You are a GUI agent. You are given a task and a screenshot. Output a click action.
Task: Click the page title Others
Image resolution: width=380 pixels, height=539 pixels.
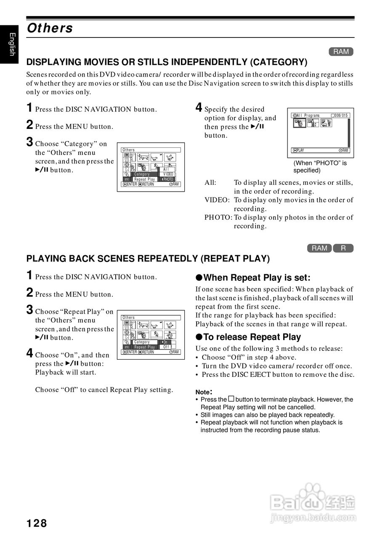tap(50, 28)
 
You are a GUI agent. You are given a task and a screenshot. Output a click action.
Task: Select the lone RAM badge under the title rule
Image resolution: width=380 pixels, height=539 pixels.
tap(341, 52)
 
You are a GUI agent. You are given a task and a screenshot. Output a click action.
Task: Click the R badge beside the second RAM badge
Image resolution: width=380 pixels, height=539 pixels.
tap(343, 248)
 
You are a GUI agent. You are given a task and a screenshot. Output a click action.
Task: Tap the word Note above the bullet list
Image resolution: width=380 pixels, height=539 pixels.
tap(204, 392)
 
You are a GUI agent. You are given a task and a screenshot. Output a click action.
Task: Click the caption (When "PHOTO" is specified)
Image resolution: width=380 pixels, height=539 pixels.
tap(320, 167)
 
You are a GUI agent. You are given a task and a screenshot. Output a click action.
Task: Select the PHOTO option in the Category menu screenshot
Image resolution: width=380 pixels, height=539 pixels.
tap(168, 179)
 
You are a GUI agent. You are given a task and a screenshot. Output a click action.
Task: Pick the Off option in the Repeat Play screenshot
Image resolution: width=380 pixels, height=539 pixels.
tap(166, 347)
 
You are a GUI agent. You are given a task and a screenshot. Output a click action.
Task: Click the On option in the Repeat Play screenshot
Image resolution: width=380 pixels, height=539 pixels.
tap(165, 342)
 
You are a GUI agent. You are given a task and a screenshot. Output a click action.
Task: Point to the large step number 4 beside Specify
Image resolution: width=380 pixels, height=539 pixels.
tap(199, 107)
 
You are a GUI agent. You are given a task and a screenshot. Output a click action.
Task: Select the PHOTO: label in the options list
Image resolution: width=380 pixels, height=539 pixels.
tap(218, 217)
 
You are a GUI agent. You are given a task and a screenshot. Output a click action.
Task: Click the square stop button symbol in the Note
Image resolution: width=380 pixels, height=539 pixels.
tap(231, 399)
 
